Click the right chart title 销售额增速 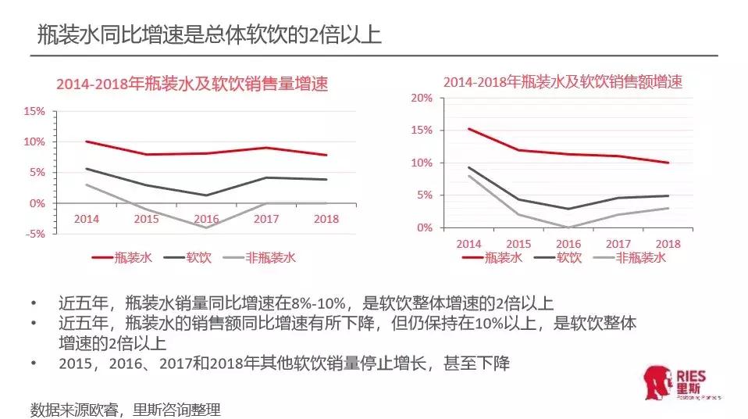coord(563,82)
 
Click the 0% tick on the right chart coord(424,227)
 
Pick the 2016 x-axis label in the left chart coord(206,219)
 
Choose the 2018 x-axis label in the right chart coord(668,244)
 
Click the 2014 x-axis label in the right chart coord(468,244)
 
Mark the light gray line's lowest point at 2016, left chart coord(206,227)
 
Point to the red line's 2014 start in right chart coord(468,129)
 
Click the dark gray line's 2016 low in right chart coord(568,209)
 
